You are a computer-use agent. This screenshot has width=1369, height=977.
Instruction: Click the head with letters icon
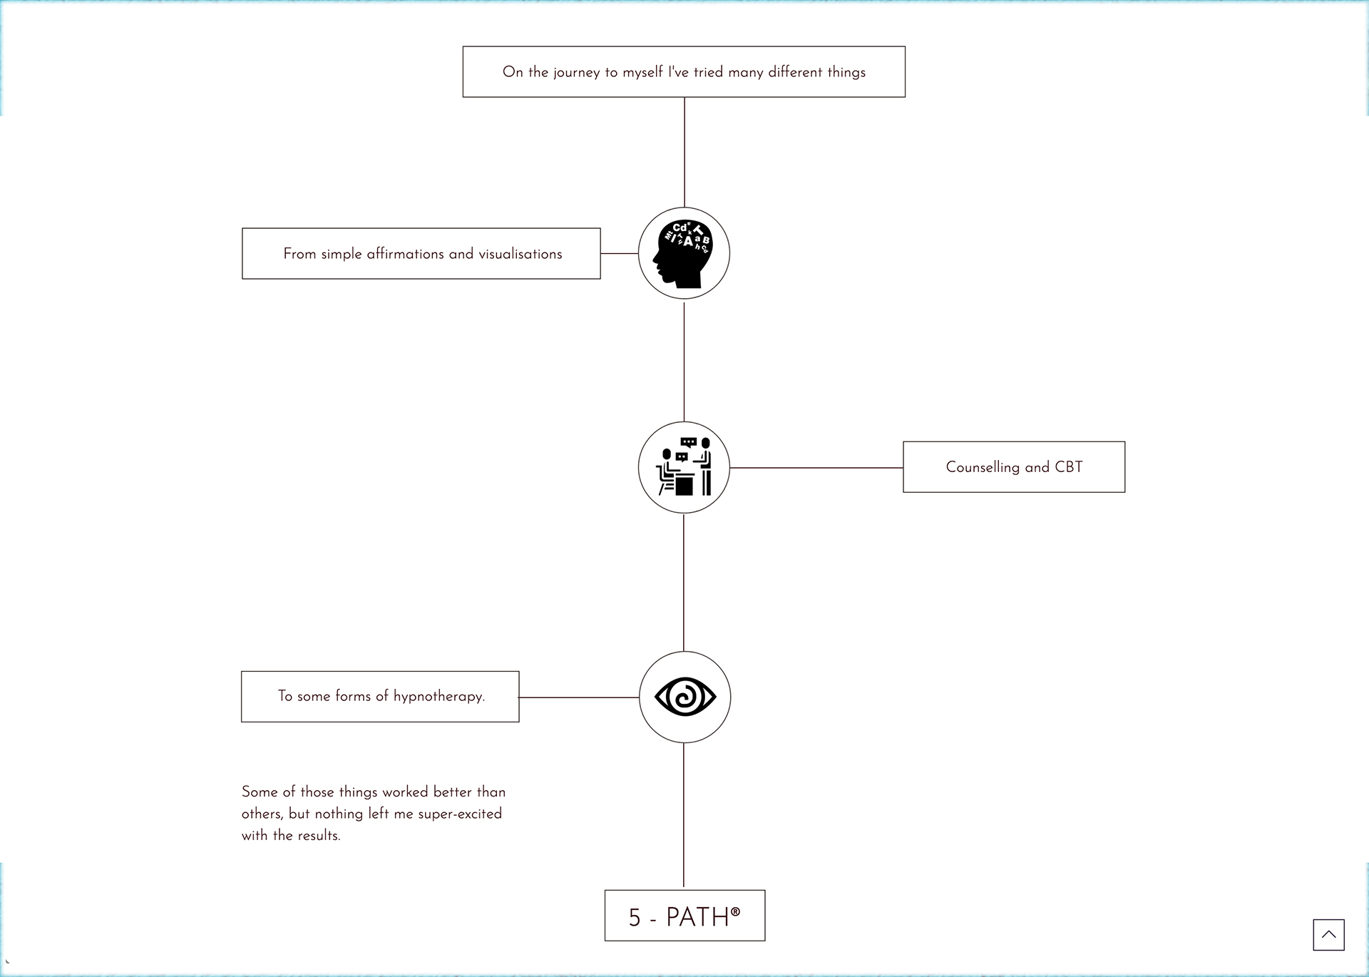click(x=683, y=253)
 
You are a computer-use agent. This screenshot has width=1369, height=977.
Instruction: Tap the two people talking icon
click(x=684, y=467)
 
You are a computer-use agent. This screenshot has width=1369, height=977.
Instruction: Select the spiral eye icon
click(x=685, y=697)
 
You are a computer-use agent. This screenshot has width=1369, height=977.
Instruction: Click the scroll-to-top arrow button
click(x=1328, y=934)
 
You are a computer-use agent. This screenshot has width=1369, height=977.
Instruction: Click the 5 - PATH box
click(x=684, y=916)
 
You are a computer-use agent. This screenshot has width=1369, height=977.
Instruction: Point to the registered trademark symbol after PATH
click(x=736, y=911)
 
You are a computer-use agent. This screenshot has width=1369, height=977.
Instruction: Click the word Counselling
click(x=983, y=467)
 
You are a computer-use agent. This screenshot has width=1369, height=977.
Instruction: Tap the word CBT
click(x=1069, y=467)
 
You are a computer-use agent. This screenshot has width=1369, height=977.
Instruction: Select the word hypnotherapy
click(x=439, y=696)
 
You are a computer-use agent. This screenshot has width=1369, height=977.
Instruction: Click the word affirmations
click(x=405, y=254)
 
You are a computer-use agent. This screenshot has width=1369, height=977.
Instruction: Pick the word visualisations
click(x=521, y=254)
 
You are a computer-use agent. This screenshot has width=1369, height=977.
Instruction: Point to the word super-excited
click(x=460, y=814)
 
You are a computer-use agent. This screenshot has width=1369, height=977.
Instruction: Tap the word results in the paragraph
click(x=319, y=835)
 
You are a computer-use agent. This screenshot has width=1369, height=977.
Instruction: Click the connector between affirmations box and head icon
click(x=619, y=253)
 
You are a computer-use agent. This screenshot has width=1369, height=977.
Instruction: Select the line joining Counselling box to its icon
click(x=816, y=468)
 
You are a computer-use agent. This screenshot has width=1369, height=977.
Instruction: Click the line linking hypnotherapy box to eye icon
click(x=579, y=697)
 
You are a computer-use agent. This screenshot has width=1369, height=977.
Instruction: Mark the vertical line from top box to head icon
click(x=684, y=152)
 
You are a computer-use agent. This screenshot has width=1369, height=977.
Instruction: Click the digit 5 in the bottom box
click(x=635, y=917)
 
